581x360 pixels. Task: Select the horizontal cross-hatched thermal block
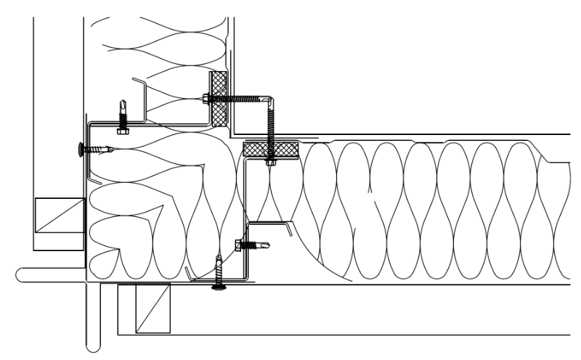[x=270, y=150]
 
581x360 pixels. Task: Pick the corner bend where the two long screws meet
[x=270, y=98]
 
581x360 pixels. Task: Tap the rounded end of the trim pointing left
[x=20, y=274]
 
